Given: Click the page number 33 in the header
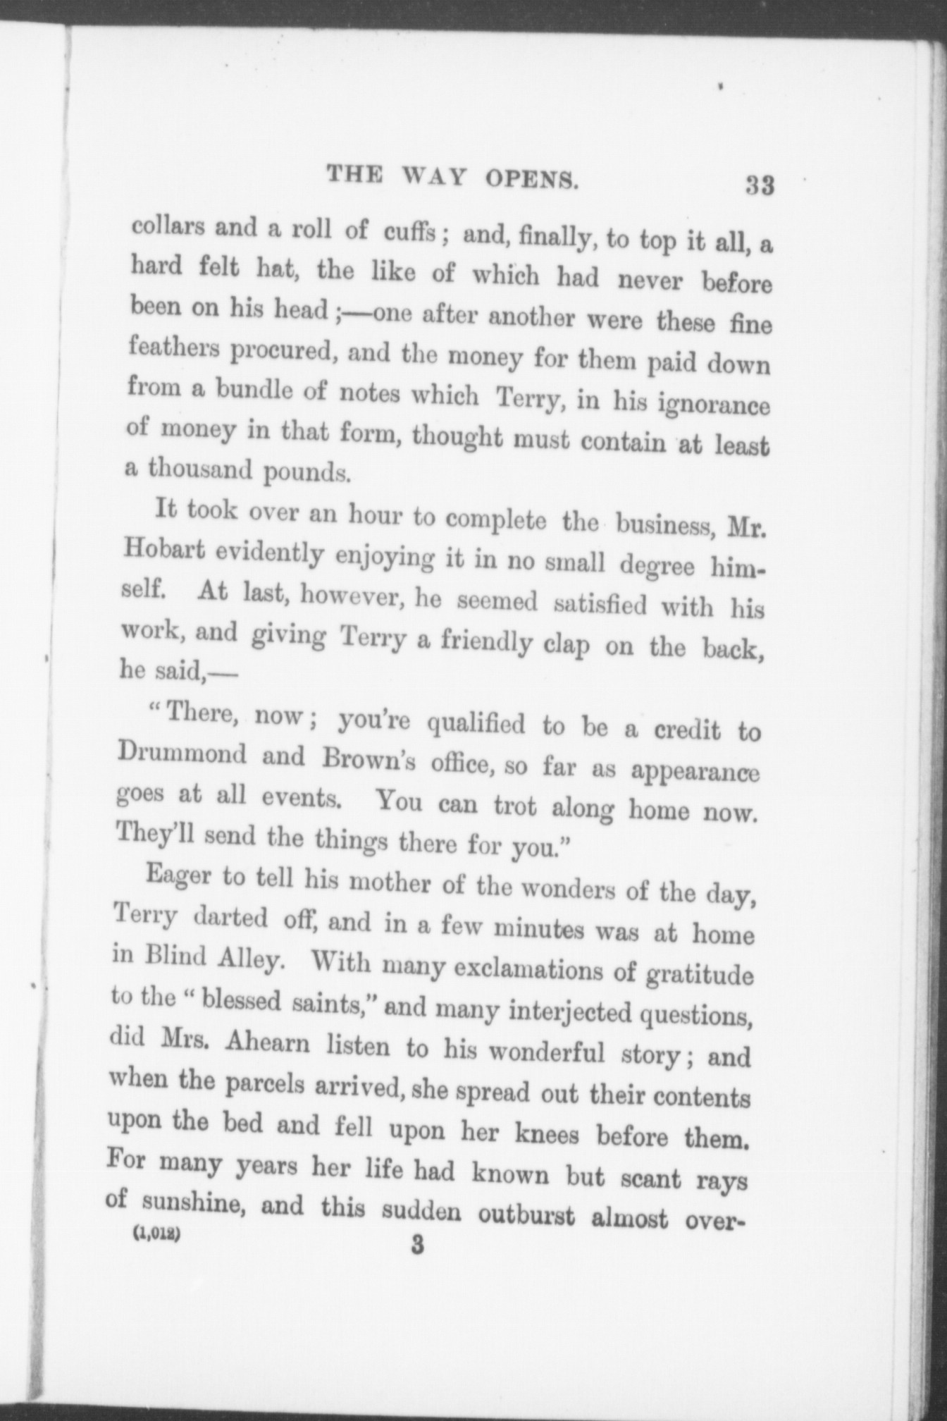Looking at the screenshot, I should [760, 186].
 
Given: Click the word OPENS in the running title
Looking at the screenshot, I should [532, 179].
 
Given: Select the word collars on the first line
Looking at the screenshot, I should [168, 227].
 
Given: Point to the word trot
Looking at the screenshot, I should [509, 806].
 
